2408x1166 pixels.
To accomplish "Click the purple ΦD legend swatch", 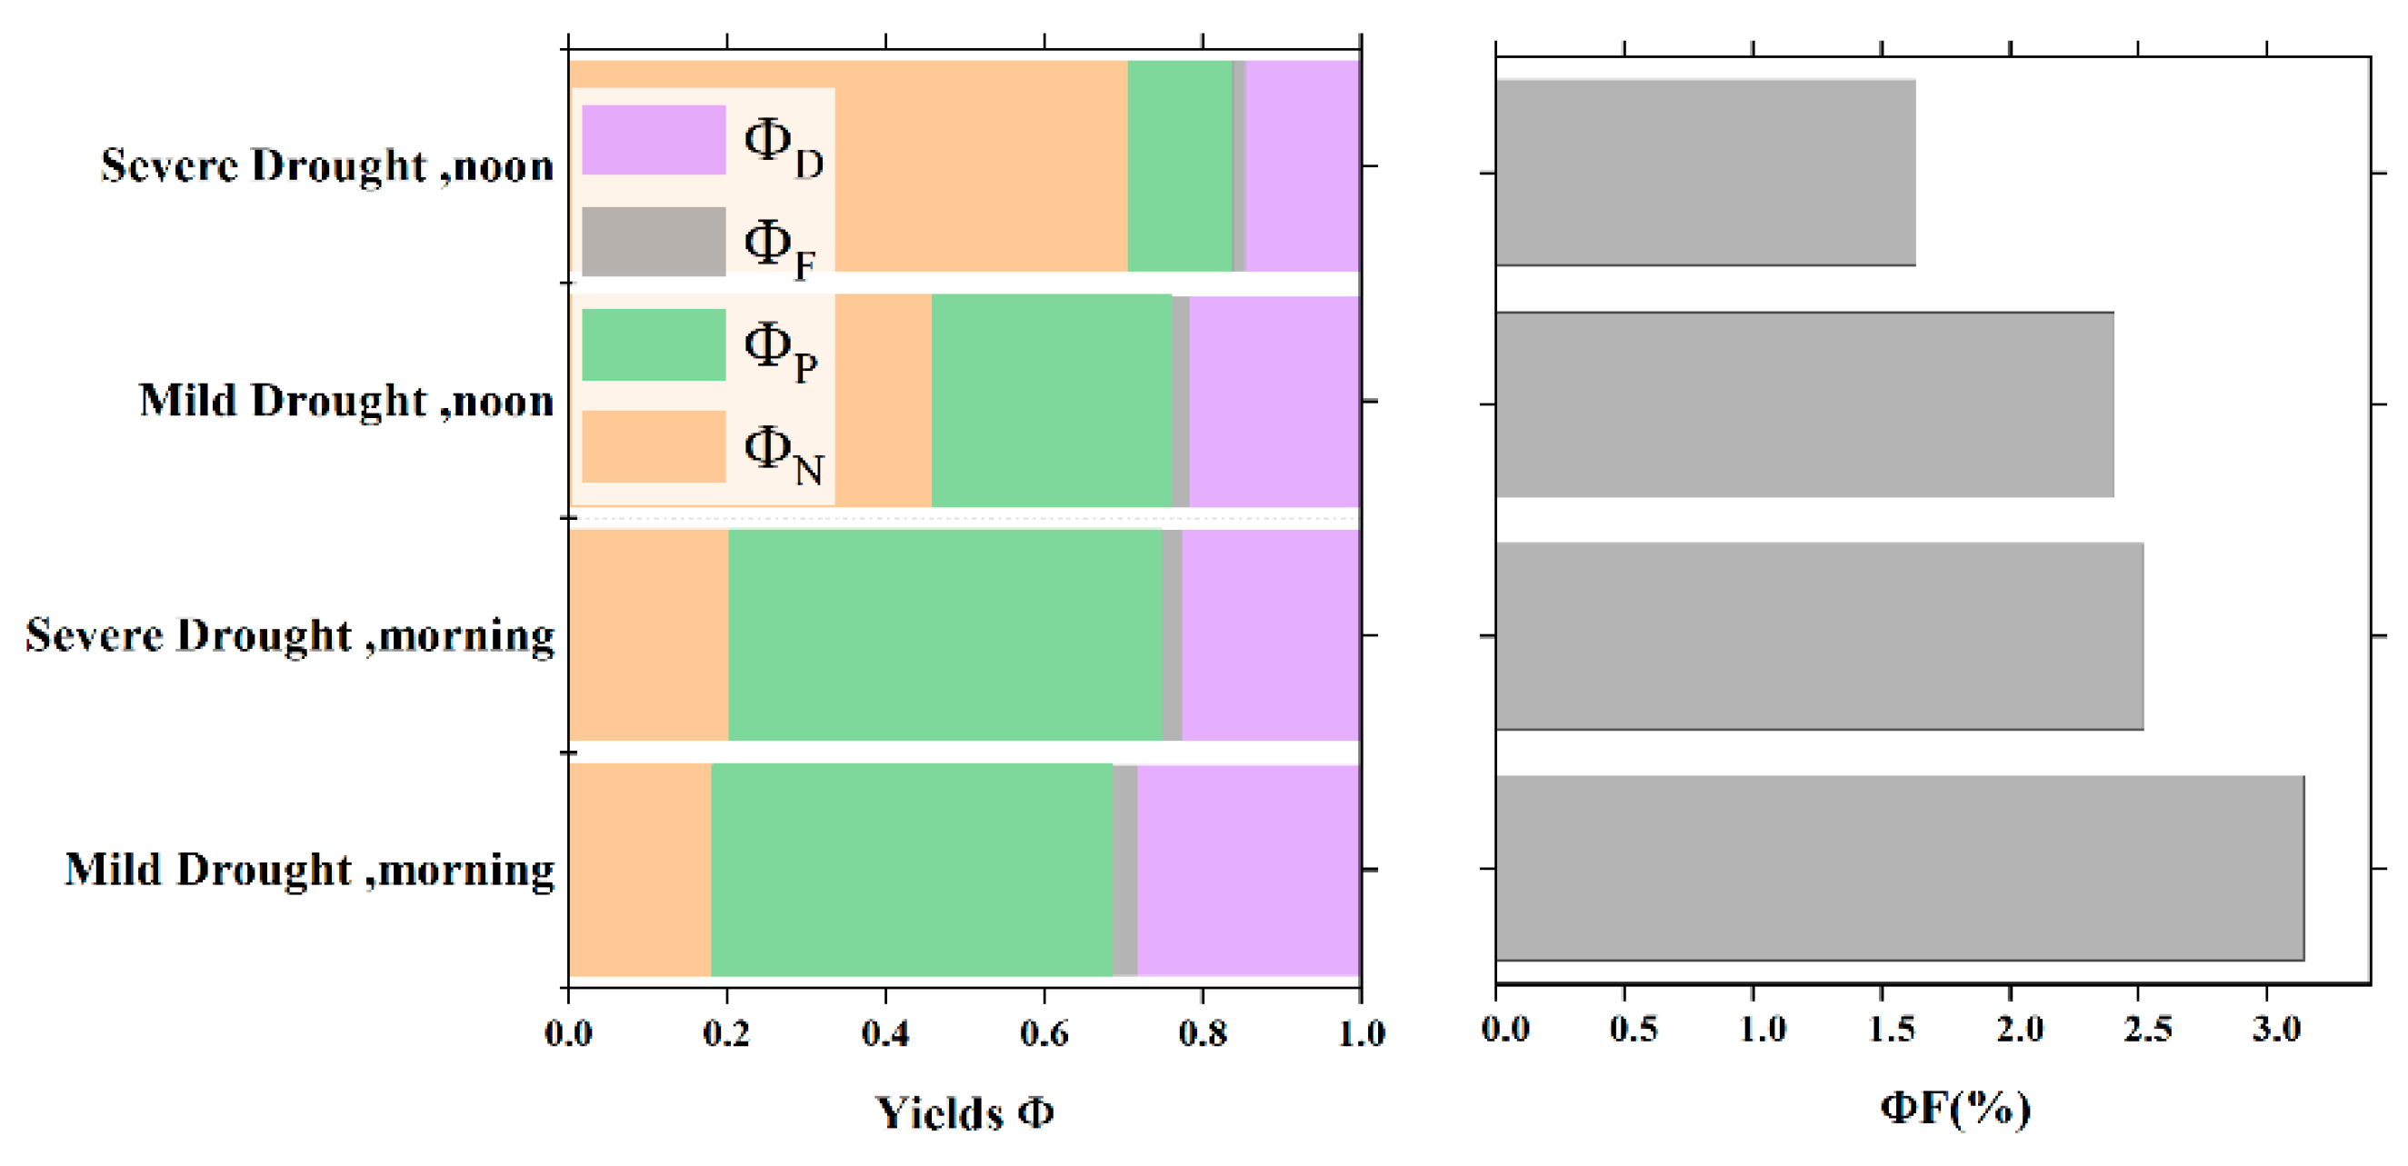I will [x=654, y=140].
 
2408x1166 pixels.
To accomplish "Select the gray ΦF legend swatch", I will [x=654, y=241].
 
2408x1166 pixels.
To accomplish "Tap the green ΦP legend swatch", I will [x=654, y=344].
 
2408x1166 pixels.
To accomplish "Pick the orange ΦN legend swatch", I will [x=654, y=446].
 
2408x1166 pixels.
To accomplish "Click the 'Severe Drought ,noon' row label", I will [x=327, y=166].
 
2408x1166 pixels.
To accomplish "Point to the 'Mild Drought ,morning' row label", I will [x=309, y=870].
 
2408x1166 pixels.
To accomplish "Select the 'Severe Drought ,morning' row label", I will [x=290, y=635].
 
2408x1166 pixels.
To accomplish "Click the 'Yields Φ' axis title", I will [x=964, y=1111].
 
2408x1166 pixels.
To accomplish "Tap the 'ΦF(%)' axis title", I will [x=1955, y=1108].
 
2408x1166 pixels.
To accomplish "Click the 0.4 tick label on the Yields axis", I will [x=885, y=1033].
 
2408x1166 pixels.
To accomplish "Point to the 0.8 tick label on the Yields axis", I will [x=1202, y=1033].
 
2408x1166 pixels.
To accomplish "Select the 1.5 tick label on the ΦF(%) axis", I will [x=1891, y=1030].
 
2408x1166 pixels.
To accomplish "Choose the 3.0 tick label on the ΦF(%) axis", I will [x=2276, y=1030].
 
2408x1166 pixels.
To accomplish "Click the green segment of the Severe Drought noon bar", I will [x=1180, y=166].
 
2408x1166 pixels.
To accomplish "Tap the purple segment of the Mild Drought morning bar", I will [x=1248, y=870].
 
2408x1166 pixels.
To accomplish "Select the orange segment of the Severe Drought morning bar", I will [x=649, y=635].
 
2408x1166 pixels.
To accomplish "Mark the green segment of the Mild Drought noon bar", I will [x=1052, y=401].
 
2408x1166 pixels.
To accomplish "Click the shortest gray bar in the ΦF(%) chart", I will [x=1705, y=173].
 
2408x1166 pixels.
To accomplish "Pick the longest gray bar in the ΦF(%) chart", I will [x=1900, y=868].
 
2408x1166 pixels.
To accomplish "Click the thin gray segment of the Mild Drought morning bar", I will [x=1124, y=870].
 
